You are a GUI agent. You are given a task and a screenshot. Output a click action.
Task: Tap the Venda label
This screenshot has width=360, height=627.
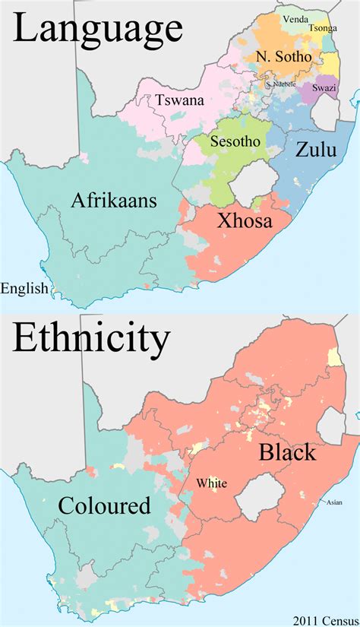tap(295, 17)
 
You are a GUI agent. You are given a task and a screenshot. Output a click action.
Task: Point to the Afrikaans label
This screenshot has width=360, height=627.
tap(114, 201)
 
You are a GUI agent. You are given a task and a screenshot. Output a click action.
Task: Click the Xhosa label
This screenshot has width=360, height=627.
tap(245, 221)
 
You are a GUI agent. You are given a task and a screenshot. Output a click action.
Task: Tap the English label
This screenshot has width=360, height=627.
tap(24, 288)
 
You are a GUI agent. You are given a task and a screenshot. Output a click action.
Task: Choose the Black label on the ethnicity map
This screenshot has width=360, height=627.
tap(287, 453)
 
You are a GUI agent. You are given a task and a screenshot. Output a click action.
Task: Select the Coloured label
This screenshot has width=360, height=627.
tap(103, 505)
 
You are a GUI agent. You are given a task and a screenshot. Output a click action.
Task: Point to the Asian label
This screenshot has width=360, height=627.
tap(334, 502)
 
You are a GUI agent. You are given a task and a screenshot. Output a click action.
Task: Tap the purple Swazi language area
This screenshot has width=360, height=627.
tap(319, 90)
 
